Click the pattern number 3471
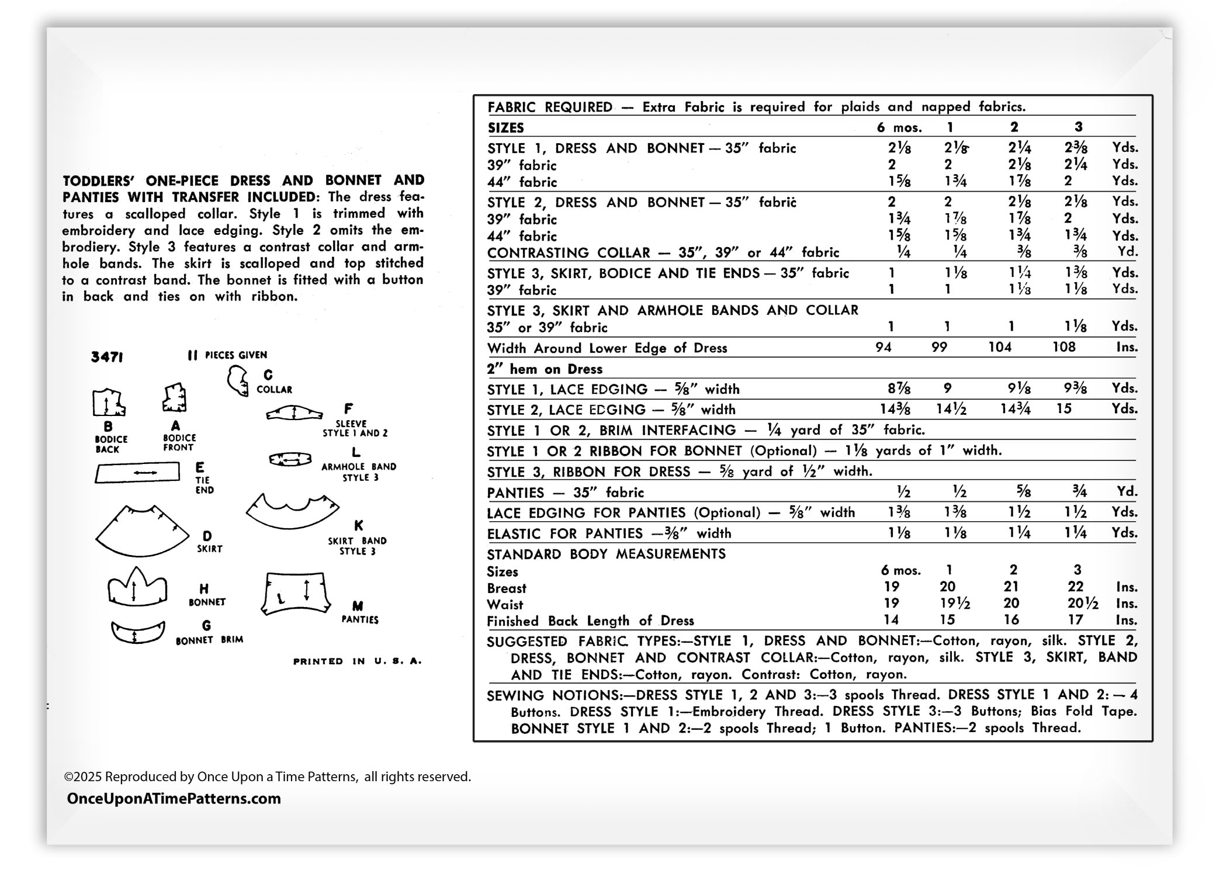pyautogui.click(x=107, y=356)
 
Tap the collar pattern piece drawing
pyautogui.click(x=237, y=381)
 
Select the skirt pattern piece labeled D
pyautogui.click(x=142, y=532)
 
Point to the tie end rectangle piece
pyautogui.click(x=137, y=472)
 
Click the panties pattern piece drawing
pyautogui.click(x=296, y=592)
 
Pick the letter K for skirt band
pyautogui.click(x=358, y=526)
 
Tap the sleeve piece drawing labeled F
pyautogui.click(x=294, y=413)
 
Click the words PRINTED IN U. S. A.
pyautogui.click(x=357, y=661)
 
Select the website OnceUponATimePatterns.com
pyautogui.click(x=174, y=799)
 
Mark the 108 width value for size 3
pyautogui.click(x=1063, y=347)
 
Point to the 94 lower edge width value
pyautogui.click(x=883, y=348)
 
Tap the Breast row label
pyautogui.click(x=507, y=588)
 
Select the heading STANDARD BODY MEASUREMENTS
pyautogui.click(x=606, y=554)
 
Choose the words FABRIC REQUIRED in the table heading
pyautogui.click(x=550, y=107)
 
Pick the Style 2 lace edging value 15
pyautogui.click(x=1063, y=409)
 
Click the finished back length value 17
pyautogui.click(x=1075, y=620)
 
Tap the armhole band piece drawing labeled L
pyautogui.click(x=290, y=460)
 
